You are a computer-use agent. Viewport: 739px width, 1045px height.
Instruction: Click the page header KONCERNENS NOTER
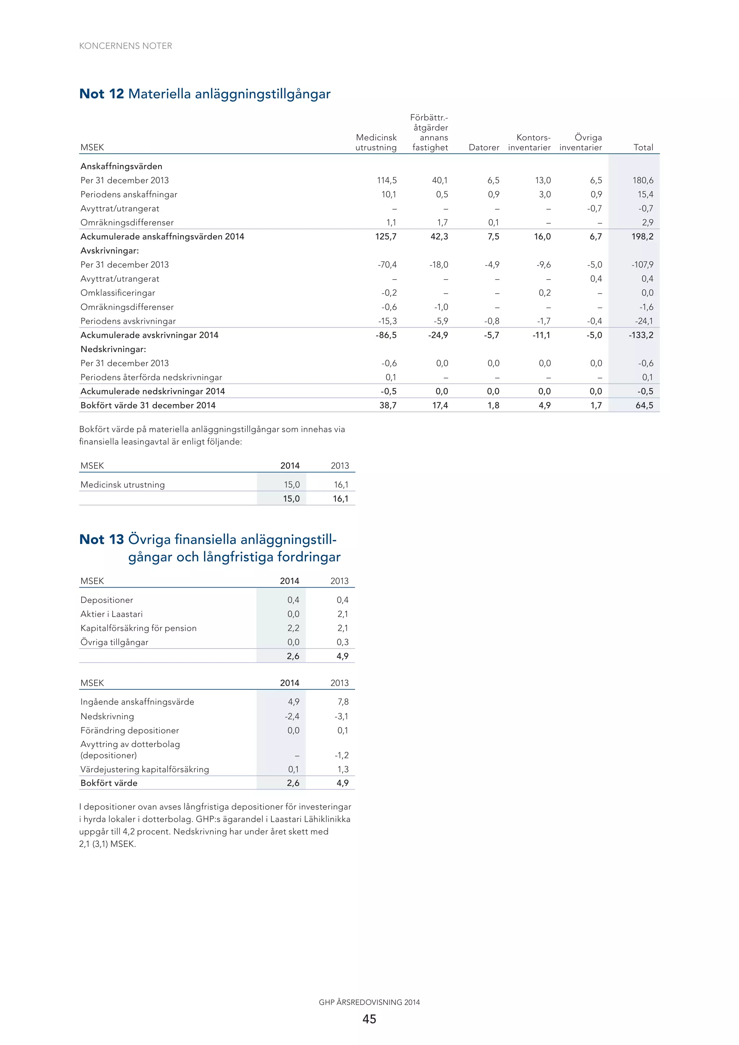125,46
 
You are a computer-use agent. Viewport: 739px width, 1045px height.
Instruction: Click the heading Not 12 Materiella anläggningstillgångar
205,94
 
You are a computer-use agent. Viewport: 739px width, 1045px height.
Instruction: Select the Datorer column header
484,148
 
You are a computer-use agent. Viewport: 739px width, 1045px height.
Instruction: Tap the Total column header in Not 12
643,148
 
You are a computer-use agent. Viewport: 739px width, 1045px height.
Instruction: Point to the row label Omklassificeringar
118,293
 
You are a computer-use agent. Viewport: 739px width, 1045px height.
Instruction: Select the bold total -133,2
641,335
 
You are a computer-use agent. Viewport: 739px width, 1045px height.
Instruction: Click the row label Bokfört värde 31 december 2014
148,405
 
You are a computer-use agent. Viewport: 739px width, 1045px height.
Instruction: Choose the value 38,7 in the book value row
388,405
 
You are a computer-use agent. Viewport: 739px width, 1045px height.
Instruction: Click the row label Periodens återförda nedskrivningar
151,377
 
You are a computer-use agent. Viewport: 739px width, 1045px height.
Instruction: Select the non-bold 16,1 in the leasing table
341,485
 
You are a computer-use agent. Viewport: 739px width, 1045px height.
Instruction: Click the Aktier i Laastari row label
111,614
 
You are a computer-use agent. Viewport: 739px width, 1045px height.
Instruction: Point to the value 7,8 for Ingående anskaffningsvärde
342,702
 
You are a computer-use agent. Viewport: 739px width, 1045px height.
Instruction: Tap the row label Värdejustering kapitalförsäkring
144,769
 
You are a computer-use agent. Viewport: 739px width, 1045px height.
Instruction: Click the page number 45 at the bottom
369,1019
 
